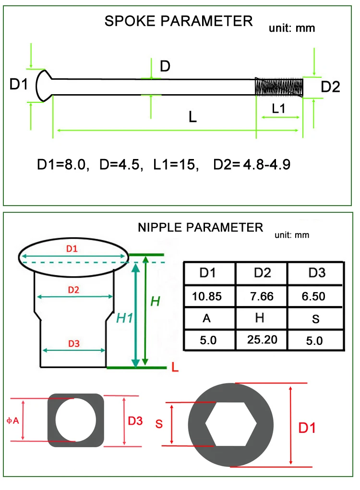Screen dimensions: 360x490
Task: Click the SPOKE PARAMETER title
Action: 178,21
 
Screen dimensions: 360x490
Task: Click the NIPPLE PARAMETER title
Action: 201,228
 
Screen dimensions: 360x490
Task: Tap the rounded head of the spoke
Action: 44,86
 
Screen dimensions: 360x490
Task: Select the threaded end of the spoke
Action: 279,87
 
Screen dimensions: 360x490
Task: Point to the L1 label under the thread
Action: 278,109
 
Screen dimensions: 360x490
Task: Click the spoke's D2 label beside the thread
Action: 330,87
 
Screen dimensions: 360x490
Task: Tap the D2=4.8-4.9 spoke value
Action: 252,165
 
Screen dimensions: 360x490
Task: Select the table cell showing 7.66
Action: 262,296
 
